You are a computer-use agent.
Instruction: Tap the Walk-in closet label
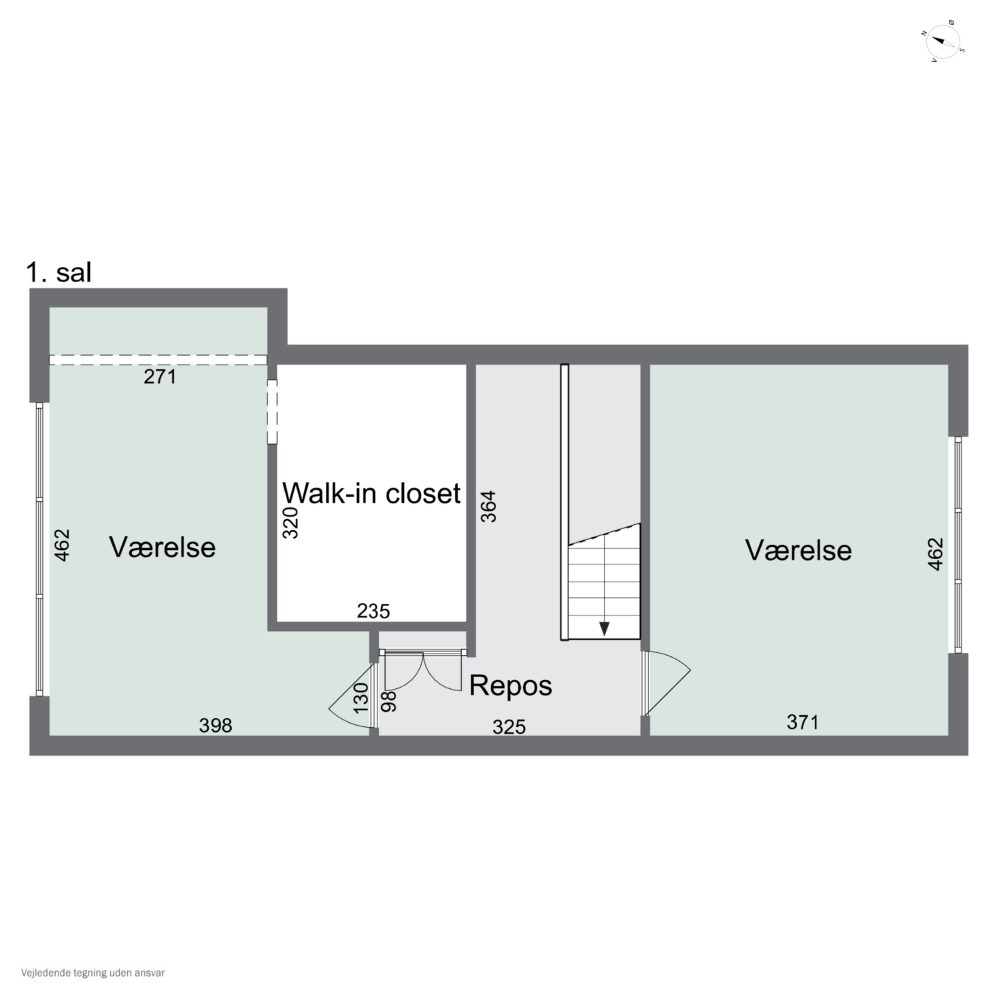(x=371, y=494)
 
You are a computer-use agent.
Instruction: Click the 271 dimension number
(x=160, y=377)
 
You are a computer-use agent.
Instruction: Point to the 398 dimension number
(x=215, y=726)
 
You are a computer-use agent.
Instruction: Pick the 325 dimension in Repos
(x=509, y=727)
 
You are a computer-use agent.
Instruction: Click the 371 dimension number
(x=802, y=723)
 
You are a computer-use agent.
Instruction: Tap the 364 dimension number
(x=489, y=506)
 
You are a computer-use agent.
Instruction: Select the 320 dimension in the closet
(x=291, y=523)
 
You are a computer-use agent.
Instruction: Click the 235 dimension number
(x=373, y=611)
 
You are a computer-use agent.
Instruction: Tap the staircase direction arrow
(x=604, y=628)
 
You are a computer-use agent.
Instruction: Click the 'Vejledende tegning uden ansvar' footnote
(x=93, y=973)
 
